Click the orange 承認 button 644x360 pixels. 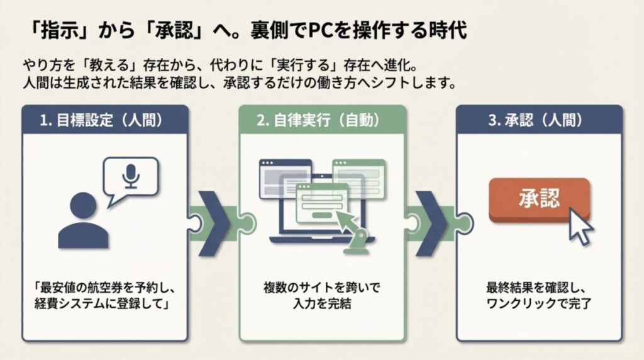[539, 199]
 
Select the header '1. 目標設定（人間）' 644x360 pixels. [104, 120]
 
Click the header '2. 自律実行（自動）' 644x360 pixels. [322, 120]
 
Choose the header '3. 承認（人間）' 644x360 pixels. [539, 120]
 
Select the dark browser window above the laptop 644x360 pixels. [286, 172]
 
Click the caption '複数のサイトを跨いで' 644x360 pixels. [322, 288]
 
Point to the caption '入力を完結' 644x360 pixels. [322, 304]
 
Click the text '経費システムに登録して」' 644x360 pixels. [104, 304]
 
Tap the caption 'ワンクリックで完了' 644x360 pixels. [539, 304]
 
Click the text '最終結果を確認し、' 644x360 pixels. [539, 288]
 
